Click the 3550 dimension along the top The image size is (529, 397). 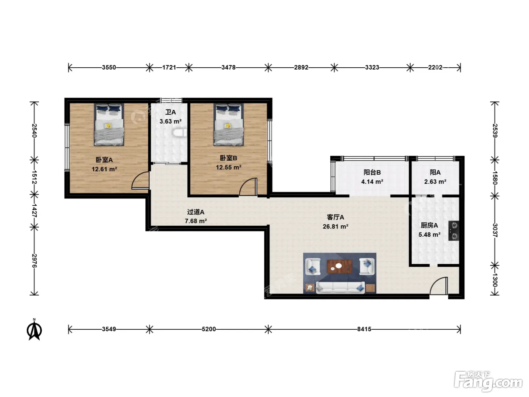click(x=109, y=67)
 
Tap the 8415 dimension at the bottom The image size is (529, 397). click(x=364, y=329)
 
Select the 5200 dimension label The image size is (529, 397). click(x=209, y=329)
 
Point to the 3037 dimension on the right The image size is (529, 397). click(x=495, y=230)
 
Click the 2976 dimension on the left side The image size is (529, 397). click(x=34, y=261)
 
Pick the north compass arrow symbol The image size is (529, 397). click(x=34, y=329)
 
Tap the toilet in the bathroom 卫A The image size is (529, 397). click(x=179, y=133)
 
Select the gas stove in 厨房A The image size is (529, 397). click(x=453, y=231)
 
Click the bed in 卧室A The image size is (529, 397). click(x=109, y=125)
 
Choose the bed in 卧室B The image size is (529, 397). click(x=229, y=125)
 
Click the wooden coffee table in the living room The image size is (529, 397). click(x=340, y=266)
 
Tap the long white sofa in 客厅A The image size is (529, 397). click(x=340, y=288)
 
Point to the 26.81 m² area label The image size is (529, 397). click(x=336, y=226)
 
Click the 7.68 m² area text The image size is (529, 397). click(x=196, y=221)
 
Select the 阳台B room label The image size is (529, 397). click(x=372, y=172)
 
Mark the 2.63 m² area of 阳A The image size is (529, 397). click(x=435, y=181)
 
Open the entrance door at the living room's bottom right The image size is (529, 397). click(x=439, y=286)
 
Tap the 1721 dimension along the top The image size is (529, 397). click(x=169, y=67)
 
